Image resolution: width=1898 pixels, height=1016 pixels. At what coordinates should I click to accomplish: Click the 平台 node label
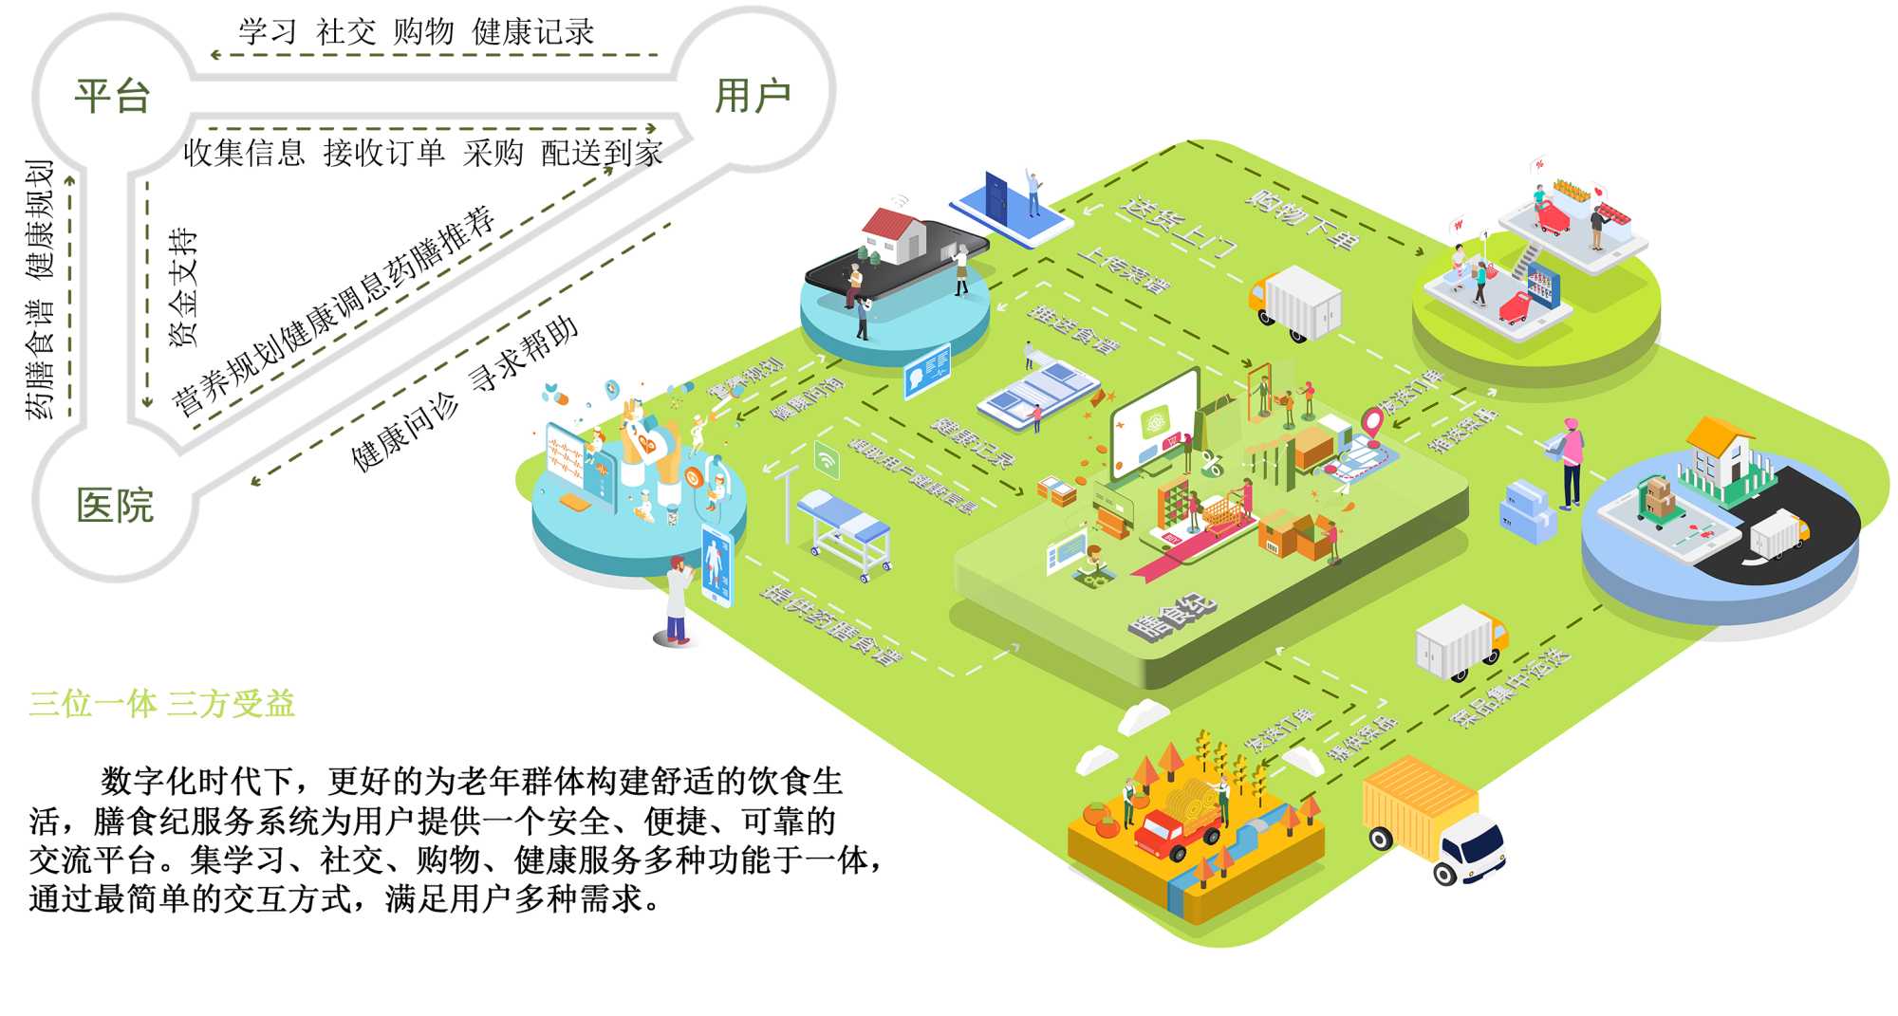tap(113, 96)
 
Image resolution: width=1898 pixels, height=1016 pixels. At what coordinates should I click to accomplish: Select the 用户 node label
tap(752, 96)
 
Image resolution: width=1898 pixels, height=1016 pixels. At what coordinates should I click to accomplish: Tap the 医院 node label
tap(115, 506)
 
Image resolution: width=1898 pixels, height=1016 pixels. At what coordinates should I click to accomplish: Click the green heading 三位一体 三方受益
tap(162, 704)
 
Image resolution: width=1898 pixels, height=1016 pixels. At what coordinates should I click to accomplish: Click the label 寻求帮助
tap(524, 352)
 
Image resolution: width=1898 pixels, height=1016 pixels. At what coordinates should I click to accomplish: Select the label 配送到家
tap(602, 153)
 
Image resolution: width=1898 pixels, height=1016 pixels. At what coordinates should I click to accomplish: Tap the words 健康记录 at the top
tap(532, 32)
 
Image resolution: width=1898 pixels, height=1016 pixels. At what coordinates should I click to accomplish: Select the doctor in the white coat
tap(677, 600)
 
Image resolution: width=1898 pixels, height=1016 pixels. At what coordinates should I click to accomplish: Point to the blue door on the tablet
tap(996, 197)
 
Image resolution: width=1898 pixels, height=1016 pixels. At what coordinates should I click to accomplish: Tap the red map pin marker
tap(1372, 420)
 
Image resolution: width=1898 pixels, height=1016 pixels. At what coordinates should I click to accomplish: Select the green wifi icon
tap(827, 460)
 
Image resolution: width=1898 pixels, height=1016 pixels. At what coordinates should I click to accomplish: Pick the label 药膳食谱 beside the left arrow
tap(40, 360)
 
